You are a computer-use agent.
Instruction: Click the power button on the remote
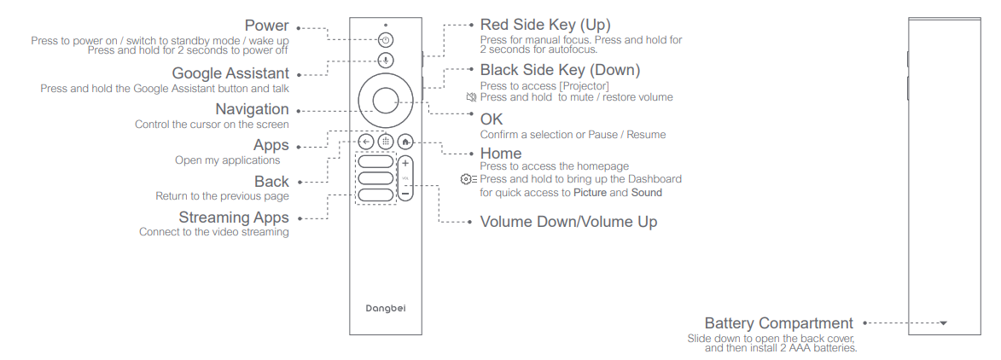tap(386, 40)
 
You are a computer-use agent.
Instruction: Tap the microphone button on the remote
tap(386, 61)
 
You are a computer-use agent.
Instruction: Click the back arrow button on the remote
tap(366, 142)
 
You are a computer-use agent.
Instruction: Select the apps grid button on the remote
tap(386, 142)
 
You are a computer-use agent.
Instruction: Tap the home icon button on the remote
tap(405, 142)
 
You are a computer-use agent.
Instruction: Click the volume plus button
tap(405, 162)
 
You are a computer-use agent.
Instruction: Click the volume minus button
tap(405, 195)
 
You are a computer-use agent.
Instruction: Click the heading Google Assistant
tap(230, 74)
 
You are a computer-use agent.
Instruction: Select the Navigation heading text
tap(252, 109)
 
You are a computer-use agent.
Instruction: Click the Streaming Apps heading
tap(234, 218)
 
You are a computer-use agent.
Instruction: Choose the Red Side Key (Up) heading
tap(545, 25)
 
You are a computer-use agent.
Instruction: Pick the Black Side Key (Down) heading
tap(560, 70)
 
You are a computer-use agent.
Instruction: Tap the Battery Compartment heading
tap(778, 323)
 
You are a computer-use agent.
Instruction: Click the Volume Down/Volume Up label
tap(568, 222)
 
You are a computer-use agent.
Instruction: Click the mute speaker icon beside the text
tap(471, 97)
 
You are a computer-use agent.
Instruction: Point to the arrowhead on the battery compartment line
tap(943, 323)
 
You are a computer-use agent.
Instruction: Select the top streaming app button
tap(375, 161)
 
